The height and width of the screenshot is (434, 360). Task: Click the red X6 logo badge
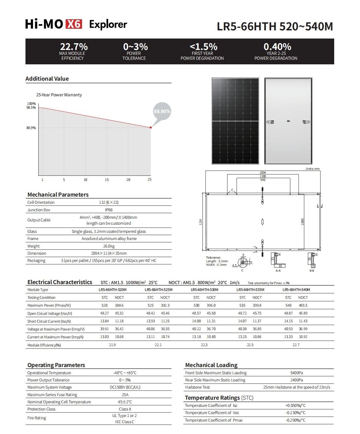(74, 24)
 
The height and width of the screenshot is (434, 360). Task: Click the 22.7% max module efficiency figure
(74, 47)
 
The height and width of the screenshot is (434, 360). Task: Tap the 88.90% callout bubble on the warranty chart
(162, 111)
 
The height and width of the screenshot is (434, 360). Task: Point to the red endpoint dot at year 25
(151, 127)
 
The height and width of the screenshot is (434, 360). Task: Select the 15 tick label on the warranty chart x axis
(106, 180)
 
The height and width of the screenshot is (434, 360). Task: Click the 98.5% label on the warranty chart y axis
(31, 108)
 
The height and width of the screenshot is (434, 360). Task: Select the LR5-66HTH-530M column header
(205, 290)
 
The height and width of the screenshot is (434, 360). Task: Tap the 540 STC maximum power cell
(288, 305)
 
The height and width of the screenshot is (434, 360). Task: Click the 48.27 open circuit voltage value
(105, 313)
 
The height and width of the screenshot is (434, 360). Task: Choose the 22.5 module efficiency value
(250, 345)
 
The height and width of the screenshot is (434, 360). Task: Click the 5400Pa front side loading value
(297, 373)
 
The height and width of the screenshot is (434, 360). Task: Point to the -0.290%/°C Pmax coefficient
(295, 420)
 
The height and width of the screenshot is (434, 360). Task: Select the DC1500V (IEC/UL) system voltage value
(125, 387)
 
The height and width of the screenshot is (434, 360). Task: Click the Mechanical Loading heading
(211, 365)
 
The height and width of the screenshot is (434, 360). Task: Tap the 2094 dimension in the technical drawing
(263, 173)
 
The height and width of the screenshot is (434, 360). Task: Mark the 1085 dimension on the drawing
(303, 221)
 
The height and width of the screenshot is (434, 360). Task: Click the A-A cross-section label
(278, 271)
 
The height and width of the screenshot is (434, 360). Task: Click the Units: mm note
(313, 169)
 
